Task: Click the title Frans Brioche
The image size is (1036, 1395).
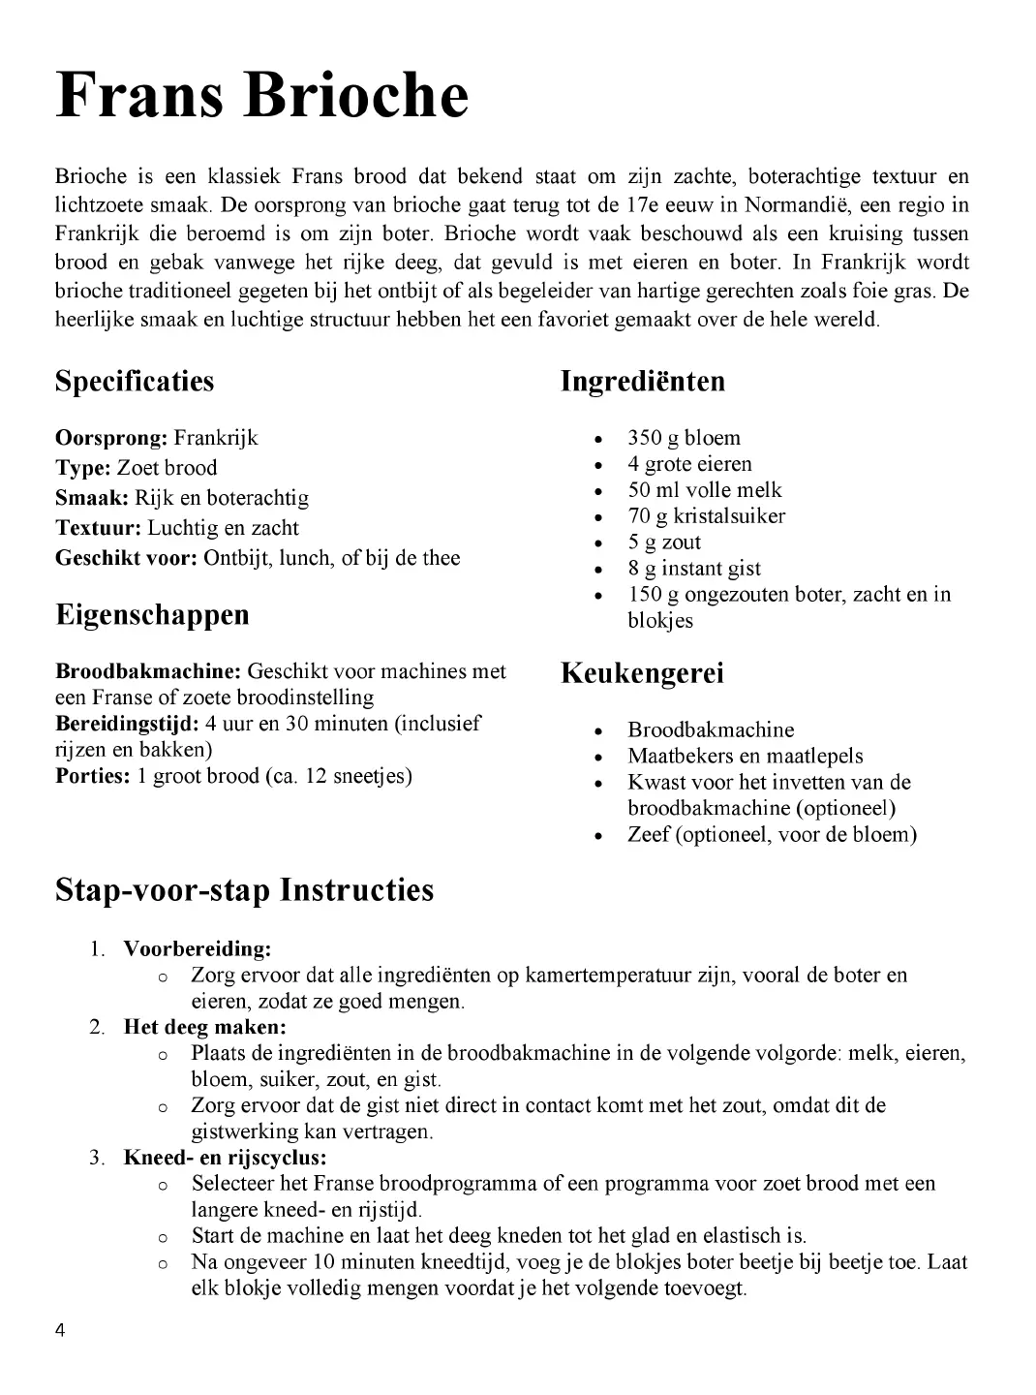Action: [261, 97]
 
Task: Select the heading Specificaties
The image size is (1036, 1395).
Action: [135, 381]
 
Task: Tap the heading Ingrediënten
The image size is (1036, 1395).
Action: [642, 381]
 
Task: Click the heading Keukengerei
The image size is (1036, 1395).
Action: [642, 673]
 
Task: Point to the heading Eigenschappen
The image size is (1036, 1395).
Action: [152, 614]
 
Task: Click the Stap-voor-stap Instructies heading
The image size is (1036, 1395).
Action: [244, 889]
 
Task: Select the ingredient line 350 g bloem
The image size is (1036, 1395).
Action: [684, 438]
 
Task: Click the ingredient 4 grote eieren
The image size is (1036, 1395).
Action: [689, 464]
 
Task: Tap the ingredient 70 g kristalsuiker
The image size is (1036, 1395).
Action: [706, 516]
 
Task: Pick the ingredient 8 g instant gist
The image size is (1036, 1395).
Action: [694, 569]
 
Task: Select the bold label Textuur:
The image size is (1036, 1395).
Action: [99, 528]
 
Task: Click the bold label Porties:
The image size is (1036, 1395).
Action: [92, 776]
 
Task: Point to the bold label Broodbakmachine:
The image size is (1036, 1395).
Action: [148, 671]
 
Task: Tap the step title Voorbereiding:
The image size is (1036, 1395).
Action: [197, 948]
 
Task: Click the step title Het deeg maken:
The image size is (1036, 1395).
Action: [204, 1027]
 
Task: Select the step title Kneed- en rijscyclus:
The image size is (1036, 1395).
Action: [225, 1158]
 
